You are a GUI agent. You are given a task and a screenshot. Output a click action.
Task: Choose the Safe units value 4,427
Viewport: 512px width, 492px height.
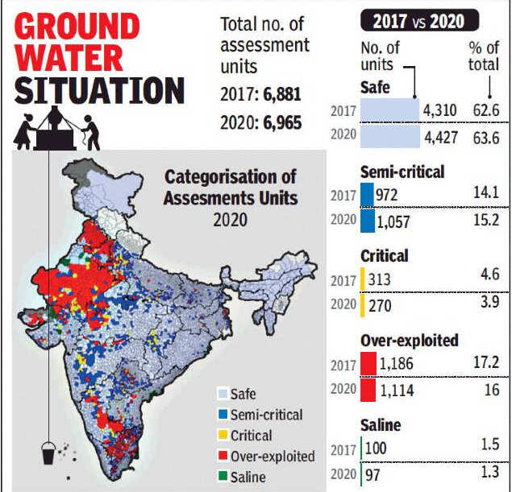pos(440,137)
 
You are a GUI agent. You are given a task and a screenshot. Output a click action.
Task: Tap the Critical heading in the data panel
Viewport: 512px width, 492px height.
pos(384,256)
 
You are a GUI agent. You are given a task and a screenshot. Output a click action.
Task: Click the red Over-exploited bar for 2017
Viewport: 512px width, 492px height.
pos(369,363)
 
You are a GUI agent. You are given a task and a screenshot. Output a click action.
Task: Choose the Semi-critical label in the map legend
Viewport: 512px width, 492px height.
pos(266,415)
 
